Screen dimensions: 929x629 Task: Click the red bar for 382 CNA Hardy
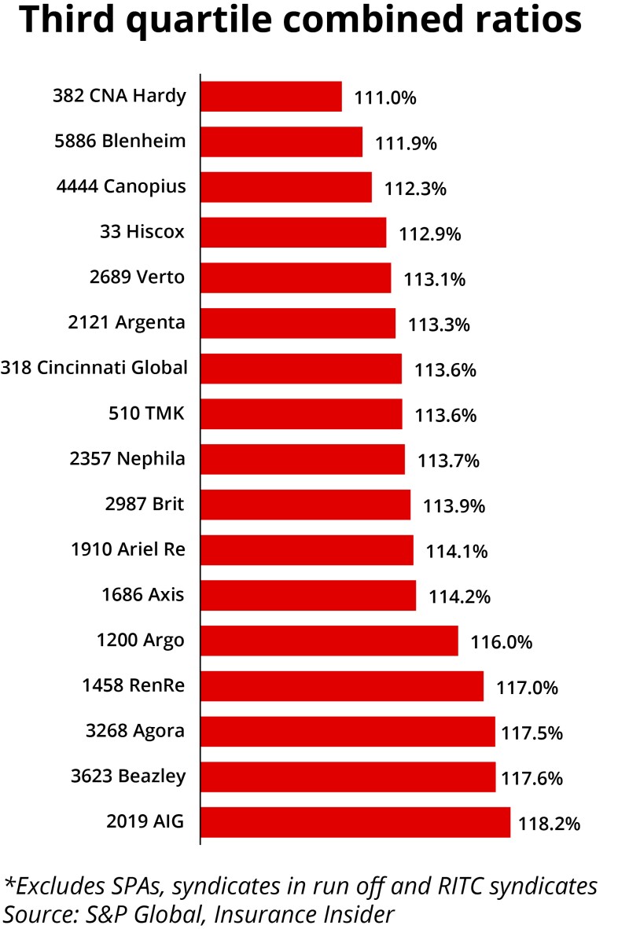click(271, 97)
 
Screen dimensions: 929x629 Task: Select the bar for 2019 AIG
click(355, 823)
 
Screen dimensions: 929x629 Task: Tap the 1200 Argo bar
click(329, 641)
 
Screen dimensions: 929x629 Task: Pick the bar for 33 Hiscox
click(293, 233)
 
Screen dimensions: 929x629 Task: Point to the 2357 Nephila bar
click(303, 459)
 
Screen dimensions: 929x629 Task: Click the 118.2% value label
click(549, 824)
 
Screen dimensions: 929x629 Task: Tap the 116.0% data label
click(502, 642)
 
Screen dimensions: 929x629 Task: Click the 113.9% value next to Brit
click(454, 506)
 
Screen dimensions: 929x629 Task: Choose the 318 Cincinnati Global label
click(94, 367)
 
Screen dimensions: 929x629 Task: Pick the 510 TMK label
click(147, 413)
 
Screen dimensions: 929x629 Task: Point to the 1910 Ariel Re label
click(129, 549)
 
